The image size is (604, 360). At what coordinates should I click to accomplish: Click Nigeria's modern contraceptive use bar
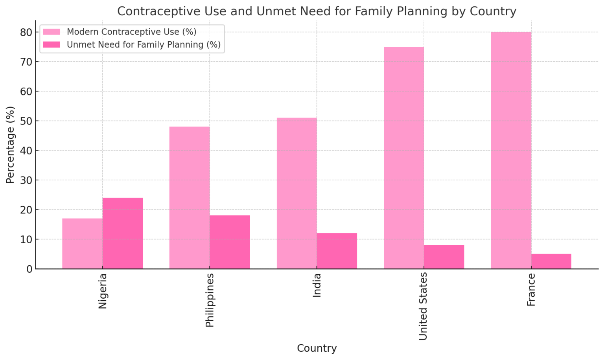coord(82,244)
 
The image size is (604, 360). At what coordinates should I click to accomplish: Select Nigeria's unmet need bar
coord(123,233)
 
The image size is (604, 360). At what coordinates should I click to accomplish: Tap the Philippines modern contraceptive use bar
coord(189,198)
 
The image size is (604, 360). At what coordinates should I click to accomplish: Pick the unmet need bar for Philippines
coord(230,242)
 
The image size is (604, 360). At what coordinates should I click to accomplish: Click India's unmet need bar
coord(337,251)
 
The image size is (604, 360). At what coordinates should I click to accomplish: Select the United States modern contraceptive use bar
coord(404,158)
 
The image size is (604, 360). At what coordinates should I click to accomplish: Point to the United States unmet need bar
coord(444,257)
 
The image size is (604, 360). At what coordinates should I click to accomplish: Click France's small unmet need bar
coord(551,261)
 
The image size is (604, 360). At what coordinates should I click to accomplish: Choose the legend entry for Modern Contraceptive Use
coord(131,32)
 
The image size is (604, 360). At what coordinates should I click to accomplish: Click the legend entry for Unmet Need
coord(144,45)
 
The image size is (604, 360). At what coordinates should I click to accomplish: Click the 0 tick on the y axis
coord(29,269)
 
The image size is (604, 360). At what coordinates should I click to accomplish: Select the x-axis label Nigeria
coord(103,291)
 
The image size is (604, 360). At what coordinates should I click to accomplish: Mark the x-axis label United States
coord(423,307)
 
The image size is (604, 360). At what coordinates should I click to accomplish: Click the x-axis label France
coord(531,290)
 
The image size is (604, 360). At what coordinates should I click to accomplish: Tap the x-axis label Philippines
coord(210,300)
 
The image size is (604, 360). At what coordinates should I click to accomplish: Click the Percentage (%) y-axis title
coord(10,145)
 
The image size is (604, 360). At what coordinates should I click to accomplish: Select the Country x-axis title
coord(317,348)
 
